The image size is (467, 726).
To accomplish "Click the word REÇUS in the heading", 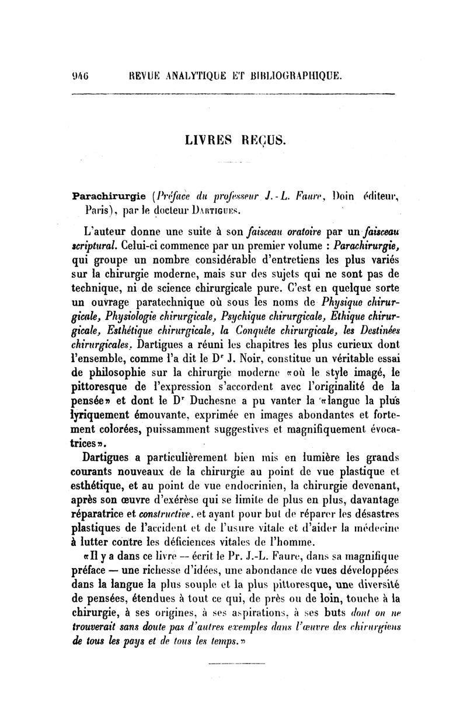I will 261,141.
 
